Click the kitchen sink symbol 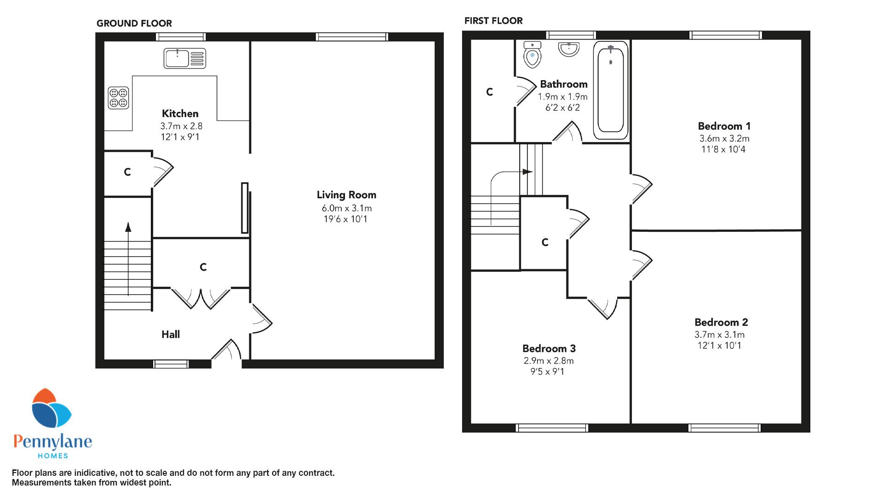tap(184, 58)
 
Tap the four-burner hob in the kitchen tap(119, 98)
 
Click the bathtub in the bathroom tap(610, 90)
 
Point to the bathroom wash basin tap(569, 49)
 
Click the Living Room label tap(346, 195)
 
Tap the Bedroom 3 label tap(549, 348)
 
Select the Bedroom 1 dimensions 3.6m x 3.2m tap(724, 139)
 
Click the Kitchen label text tap(180, 113)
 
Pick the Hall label tap(171, 335)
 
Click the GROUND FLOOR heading tap(134, 23)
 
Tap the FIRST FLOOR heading tap(493, 21)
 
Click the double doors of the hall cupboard tap(201, 298)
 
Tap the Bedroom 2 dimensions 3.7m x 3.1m tap(720, 335)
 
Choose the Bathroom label tap(564, 84)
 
